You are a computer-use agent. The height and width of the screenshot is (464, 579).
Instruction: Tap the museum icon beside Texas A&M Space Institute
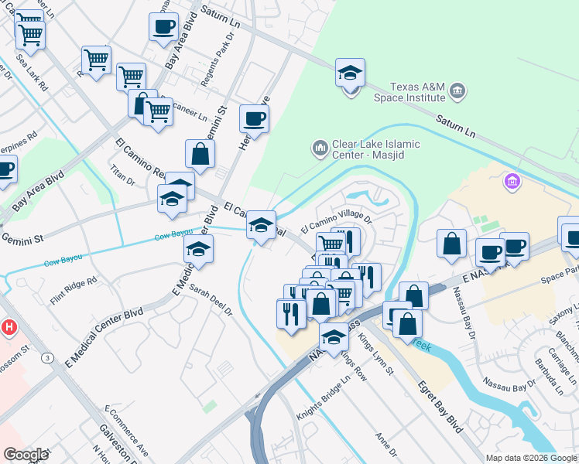point(457,92)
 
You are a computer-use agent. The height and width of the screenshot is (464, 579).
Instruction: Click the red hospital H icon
point(9,328)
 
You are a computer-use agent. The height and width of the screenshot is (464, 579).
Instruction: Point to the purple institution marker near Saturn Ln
point(511,183)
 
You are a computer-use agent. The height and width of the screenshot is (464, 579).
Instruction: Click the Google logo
point(26,454)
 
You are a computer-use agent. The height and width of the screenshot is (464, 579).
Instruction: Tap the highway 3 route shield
point(48,357)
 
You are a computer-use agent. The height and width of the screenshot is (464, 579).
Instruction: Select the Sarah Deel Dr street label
point(211,299)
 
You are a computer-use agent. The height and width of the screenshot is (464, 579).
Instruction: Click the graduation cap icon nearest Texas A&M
point(350,75)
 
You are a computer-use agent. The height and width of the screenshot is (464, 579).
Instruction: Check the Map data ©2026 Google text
point(530,458)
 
